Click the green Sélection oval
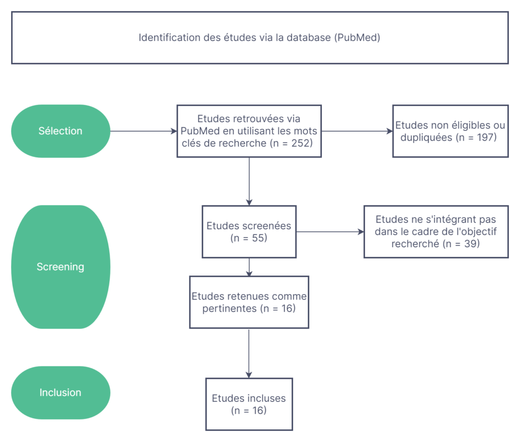coord(61,131)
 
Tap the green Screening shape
coord(61,267)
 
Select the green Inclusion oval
coord(61,393)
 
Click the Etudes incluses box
coord(249,404)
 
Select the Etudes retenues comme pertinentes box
coord(249,302)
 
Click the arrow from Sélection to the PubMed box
coord(144,131)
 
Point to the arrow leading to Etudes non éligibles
coord(357,131)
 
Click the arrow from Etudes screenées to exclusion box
coord(330,232)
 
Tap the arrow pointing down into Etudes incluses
coord(249,353)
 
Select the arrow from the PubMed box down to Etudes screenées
coord(249,182)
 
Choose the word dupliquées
coord(426,138)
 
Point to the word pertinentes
coord(230,309)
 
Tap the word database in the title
coord(309,38)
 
